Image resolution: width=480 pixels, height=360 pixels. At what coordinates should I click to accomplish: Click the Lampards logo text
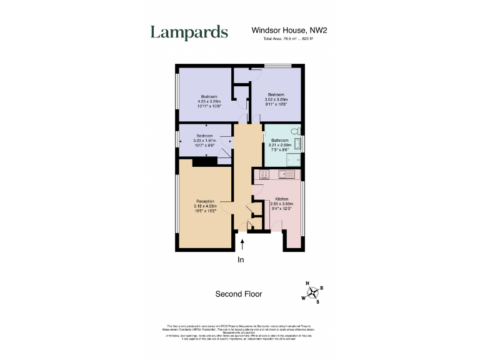point(189,32)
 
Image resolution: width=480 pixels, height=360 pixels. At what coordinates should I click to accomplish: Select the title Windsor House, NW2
point(289,29)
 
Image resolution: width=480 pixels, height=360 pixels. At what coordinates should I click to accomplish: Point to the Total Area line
point(288,39)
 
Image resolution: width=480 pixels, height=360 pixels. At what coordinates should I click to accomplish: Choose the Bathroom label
point(280,141)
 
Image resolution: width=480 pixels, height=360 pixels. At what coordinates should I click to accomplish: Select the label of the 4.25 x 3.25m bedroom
point(209,96)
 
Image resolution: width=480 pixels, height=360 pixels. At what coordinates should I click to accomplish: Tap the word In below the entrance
point(241,259)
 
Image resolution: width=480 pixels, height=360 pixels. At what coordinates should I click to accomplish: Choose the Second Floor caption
point(239,294)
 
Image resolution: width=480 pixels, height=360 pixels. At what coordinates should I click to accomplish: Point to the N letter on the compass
point(307,283)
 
